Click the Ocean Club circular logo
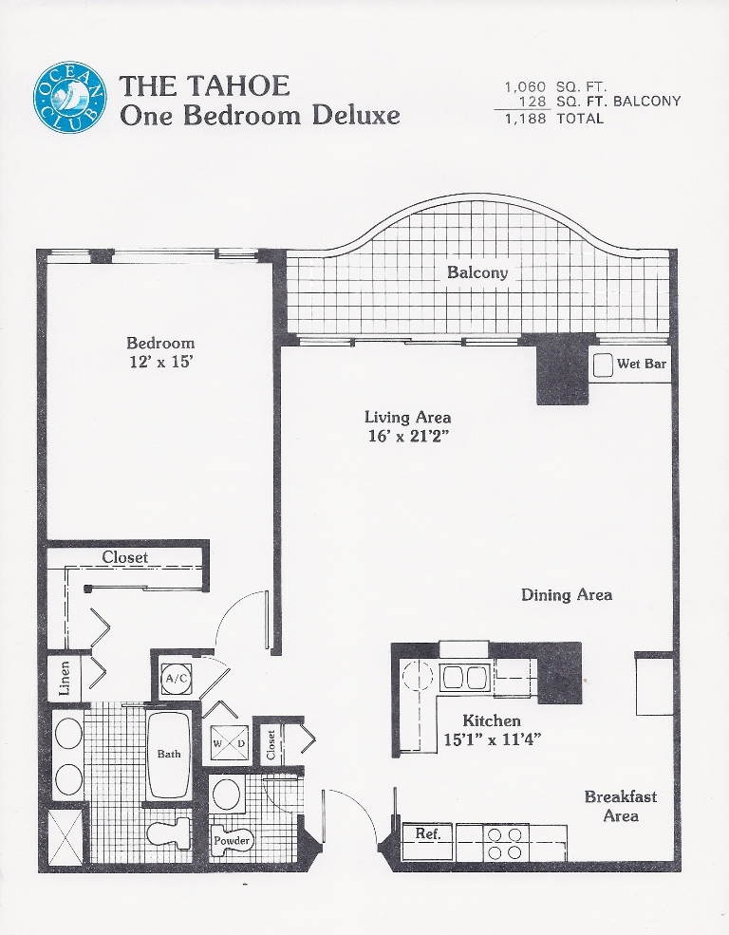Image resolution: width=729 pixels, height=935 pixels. [69, 99]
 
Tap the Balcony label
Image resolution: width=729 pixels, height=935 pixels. [477, 273]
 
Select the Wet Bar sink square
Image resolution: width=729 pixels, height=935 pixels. [603, 365]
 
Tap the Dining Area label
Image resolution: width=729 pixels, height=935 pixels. [567, 594]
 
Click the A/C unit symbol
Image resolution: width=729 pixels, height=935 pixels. [178, 679]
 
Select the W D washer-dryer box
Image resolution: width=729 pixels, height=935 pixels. [229, 744]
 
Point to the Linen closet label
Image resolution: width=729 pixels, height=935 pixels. [65, 679]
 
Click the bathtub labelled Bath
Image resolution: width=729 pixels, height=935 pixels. [169, 755]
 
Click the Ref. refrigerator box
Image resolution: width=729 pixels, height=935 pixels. [427, 841]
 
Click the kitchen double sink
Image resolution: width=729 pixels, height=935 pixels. [465, 678]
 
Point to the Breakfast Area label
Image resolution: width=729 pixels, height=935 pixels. [621, 806]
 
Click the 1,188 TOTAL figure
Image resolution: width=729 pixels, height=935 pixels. [554, 118]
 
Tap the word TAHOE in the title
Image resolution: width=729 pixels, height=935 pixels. [238, 85]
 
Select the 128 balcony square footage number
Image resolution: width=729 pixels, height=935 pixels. [533, 102]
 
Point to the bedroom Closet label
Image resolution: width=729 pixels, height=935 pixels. [124, 557]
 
